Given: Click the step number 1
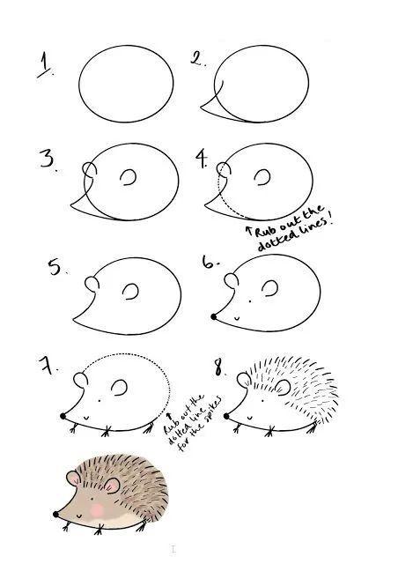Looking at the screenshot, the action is tap(44, 64).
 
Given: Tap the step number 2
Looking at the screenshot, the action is tap(197, 58).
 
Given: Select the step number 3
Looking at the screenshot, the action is tap(48, 160).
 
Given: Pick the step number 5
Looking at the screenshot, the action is tap(55, 267).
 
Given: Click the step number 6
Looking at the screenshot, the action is tap(210, 263).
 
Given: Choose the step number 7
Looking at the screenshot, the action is tap(47, 365).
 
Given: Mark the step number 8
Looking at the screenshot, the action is tap(219, 367).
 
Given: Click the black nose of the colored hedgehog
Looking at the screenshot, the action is tap(55, 515).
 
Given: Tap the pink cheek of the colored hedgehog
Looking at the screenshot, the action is tap(97, 510).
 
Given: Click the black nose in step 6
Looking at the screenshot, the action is tap(214, 317).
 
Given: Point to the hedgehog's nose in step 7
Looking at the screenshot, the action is tap(63, 416).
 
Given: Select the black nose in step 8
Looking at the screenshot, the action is tap(226, 416).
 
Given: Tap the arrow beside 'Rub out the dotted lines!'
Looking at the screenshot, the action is tap(248, 232).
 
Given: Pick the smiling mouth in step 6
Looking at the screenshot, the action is tap(236, 318).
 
